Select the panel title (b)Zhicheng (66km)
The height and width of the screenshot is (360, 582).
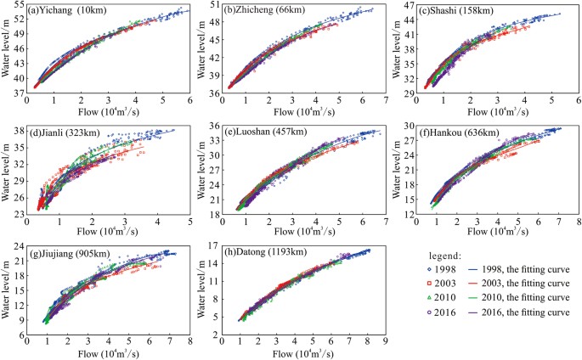tap(263, 11)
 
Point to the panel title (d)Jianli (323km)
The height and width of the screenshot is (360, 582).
tap(67, 132)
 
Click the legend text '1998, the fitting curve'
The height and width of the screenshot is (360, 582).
tap(527, 268)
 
